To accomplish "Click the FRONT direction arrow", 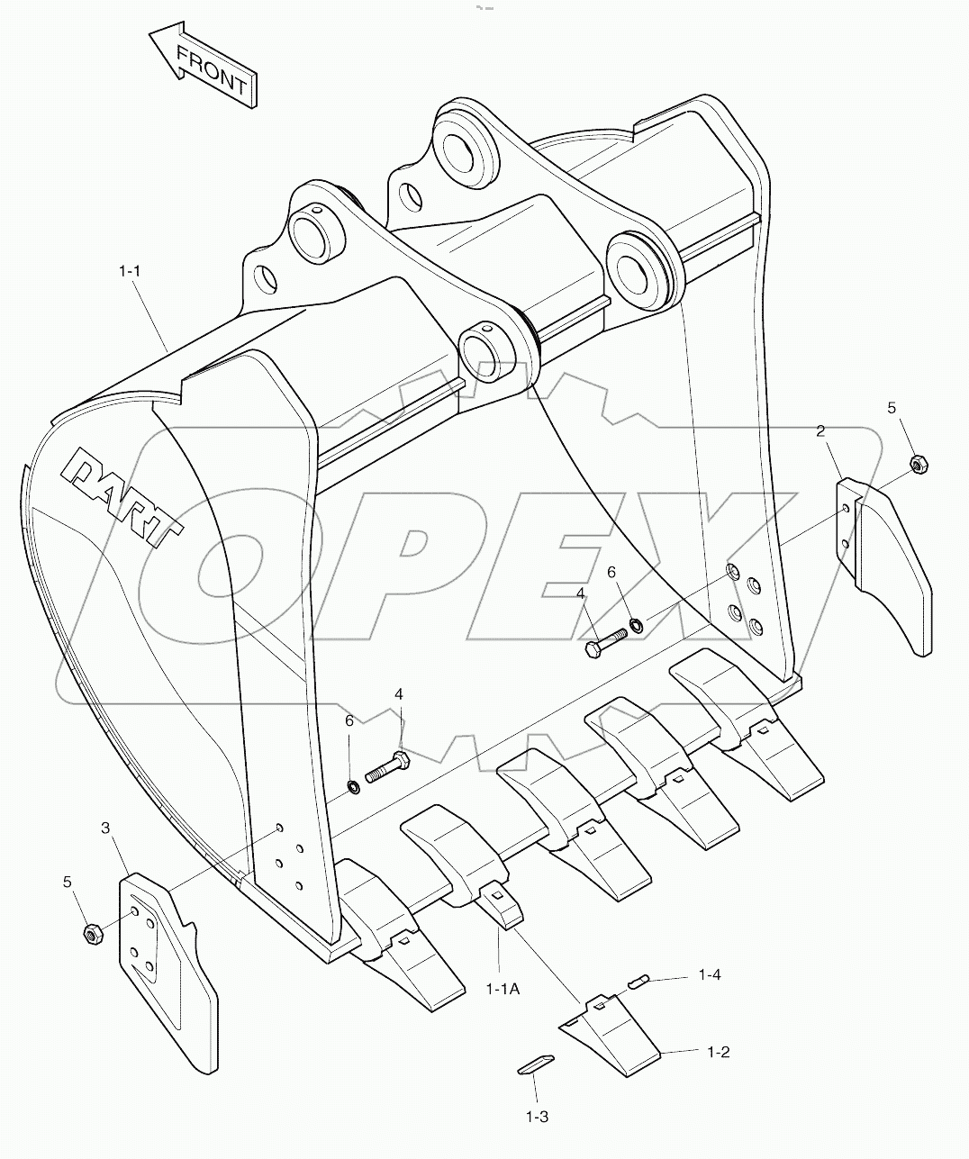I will (x=204, y=65).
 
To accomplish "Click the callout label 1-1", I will (x=131, y=269).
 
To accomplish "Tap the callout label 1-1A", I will (x=503, y=989).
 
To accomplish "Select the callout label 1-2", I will (x=718, y=1051).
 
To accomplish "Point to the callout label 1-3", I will (x=537, y=1117).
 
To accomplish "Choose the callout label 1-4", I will (x=710, y=974).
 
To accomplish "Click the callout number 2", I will (x=820, y=431).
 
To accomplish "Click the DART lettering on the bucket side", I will (x=122, y=499).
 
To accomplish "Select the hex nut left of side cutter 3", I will (x=91, y=934).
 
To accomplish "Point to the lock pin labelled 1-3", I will (x=536, y=1063).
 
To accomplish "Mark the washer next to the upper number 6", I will (x=636, y=623).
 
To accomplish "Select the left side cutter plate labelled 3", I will (x=167, y=973).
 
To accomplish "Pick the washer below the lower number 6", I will (x=354, y=789).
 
